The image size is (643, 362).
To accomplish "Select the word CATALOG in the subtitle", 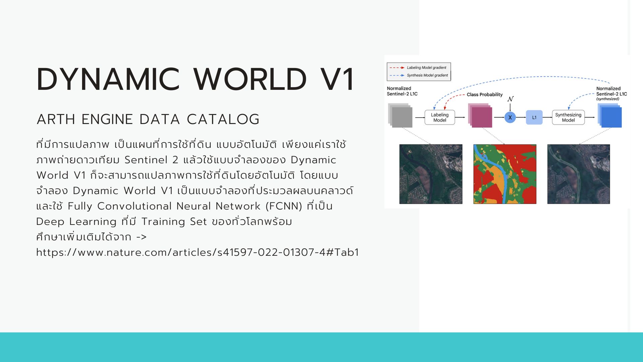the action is pos(223,119).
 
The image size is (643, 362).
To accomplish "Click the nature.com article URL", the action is pos(198,252).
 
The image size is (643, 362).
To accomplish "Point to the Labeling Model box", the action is pos(440,117).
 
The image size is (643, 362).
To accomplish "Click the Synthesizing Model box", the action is pos(568,117).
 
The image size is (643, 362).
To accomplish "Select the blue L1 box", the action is pos(534,117).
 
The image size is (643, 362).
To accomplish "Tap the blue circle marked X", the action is pos(510,117).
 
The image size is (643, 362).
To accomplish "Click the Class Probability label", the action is pos(485,95).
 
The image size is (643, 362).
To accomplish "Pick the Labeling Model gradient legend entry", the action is pos(418,68).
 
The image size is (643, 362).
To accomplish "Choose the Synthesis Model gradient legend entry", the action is pos(419,75).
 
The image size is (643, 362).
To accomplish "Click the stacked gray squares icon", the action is pos(400,115).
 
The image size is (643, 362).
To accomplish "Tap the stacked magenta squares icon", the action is pos(480,115).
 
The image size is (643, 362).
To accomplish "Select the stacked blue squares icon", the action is pos(610,115).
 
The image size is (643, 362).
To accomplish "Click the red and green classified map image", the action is pos(505,174).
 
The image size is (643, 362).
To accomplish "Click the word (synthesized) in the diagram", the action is pos(608,99).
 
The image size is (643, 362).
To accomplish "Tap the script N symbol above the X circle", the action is pos(510,99).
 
